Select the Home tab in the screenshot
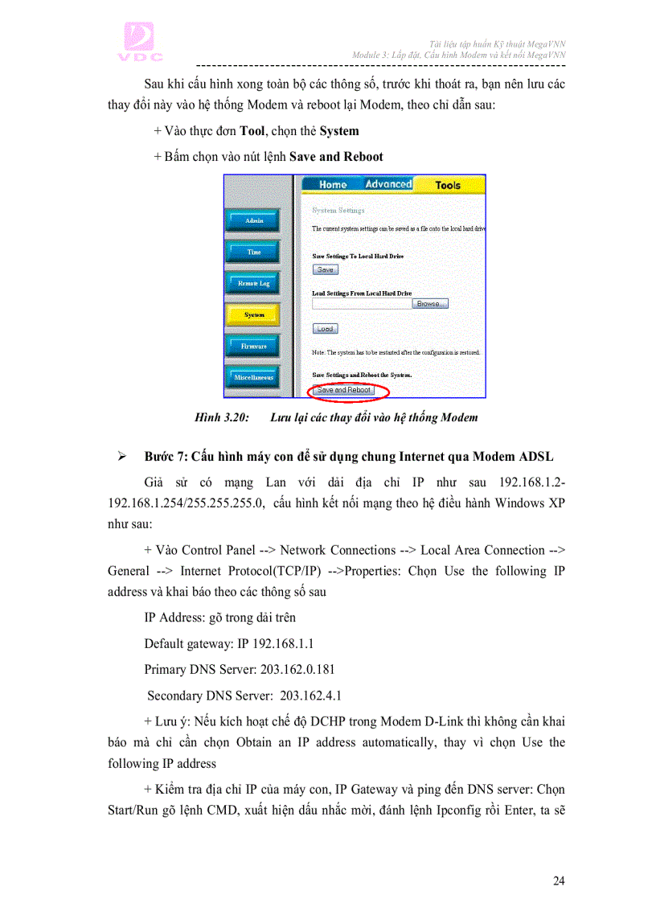click(332, 184)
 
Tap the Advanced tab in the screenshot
click(388, 184)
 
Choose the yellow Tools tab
click(448, 185)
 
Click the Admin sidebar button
click(253, 220)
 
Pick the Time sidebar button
click(253, 252)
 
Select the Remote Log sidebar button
click(253, 283)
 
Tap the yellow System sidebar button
click(253, 314)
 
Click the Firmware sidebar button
click(253, 346)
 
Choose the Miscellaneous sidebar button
click(253, 377)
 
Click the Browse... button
click(429, 304)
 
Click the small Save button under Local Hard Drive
click(325, 270)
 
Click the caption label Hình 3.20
click(222, 417)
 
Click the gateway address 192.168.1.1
click(282, 643)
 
